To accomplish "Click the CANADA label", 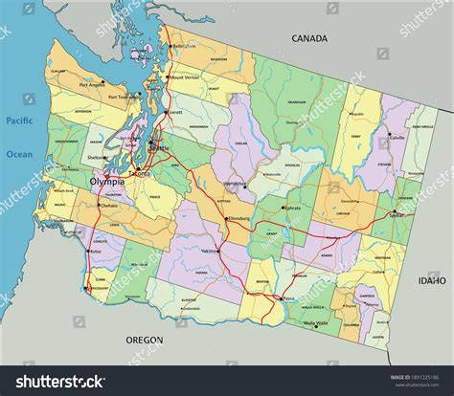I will pyautogui.click(x=309, y=38).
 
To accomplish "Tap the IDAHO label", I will pyautogui.click(x=431, y=281).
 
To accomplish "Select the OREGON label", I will pyautogui.click(x=144, y=340).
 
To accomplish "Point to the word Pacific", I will pyautogui.click(x=19, y=121).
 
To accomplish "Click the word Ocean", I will pyautogui.click(x=19, y=153).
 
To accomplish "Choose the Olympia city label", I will pyautogui.click(x=106, y=181).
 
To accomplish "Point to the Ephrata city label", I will pyautogui.click(x=291, y=208).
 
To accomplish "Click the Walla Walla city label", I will pyautogui.click(x=315, y=323).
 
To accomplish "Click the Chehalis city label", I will pyautogui.click(x=108, y=205).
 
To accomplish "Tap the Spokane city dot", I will pyautogui.click(x=392, y=211).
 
